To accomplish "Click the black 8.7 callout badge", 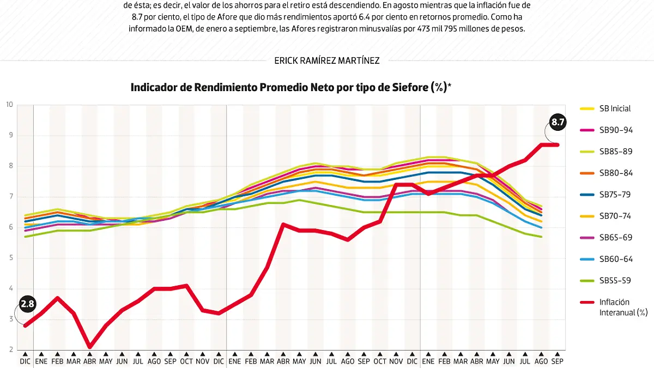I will click(558, 123).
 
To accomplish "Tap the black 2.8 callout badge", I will click(27, 304).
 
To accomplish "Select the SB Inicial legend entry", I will click(615, 108).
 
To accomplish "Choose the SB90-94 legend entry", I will click(615, 130).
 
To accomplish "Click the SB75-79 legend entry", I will click(615, 195).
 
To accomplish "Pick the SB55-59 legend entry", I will click(615, 281).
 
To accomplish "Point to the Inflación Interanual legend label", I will click(623, 307).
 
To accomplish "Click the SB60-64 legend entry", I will click(615, 259).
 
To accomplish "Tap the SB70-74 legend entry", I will click(615, 216).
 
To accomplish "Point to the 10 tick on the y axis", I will click(9, 105).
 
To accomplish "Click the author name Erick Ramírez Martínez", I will click(327, 61).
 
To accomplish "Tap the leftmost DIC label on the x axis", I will click(25, 361).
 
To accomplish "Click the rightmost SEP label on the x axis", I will click(557, 361).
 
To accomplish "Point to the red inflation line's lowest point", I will click(89, 346).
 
